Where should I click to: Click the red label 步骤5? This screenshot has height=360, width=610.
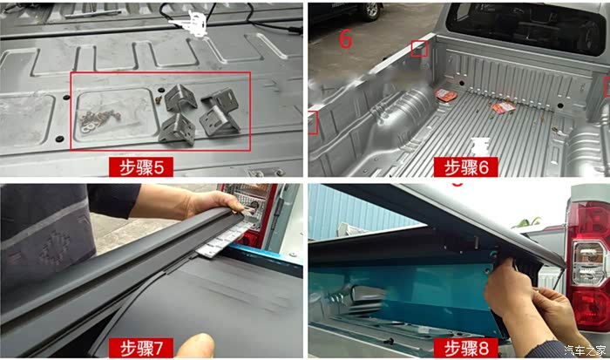[141, 167]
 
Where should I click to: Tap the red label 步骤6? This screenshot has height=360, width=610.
[466, 167]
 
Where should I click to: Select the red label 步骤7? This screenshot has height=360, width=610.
[141, 348]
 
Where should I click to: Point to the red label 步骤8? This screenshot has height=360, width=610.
[466, 348]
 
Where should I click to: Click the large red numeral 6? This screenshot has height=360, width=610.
[345, 39]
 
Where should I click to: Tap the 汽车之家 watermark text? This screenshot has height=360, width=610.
[585, 350]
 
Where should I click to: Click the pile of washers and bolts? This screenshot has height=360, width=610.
[100, 119]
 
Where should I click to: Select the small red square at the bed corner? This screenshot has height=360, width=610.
[419, 49]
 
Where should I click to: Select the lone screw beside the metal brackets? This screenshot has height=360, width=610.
[159, 99]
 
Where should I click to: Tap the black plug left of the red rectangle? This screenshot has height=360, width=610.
[59, 139]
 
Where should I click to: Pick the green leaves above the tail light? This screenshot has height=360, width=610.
[528, 222]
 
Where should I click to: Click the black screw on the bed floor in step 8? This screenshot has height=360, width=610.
[389, 342]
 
